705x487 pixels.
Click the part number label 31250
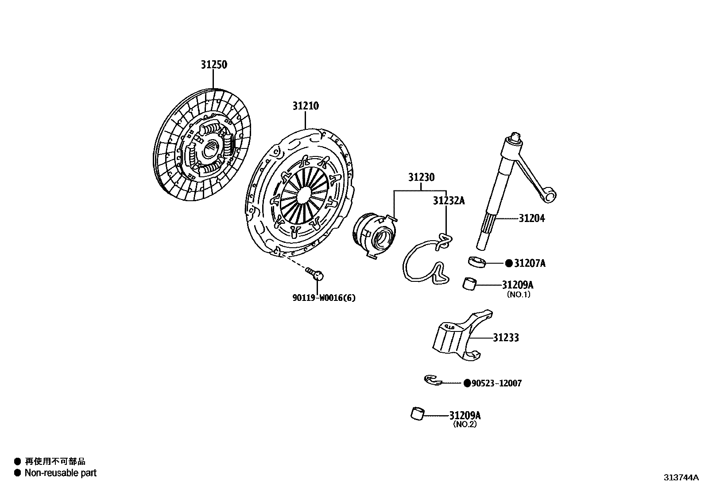pos(213,65)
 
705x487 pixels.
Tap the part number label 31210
pos(305,106)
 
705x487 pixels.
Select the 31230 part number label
pos(421,178)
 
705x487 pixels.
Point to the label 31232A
pos(449,201)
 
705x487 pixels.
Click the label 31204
pos(531,218)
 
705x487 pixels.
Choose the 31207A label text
pos(530,264)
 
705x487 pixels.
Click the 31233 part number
pos(506,338)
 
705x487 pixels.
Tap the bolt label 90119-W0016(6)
pos(324,298)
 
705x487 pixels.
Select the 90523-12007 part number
pos(496,383)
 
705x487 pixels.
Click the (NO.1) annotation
pos(518,294)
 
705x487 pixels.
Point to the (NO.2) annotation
pos(465,424)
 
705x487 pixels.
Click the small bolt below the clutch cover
pos(315,274)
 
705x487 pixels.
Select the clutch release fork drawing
pos(461,337)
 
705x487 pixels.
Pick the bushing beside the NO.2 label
pos(418,414)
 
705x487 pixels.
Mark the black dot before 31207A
pos(509,263)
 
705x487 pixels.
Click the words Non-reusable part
pos(60,473)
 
